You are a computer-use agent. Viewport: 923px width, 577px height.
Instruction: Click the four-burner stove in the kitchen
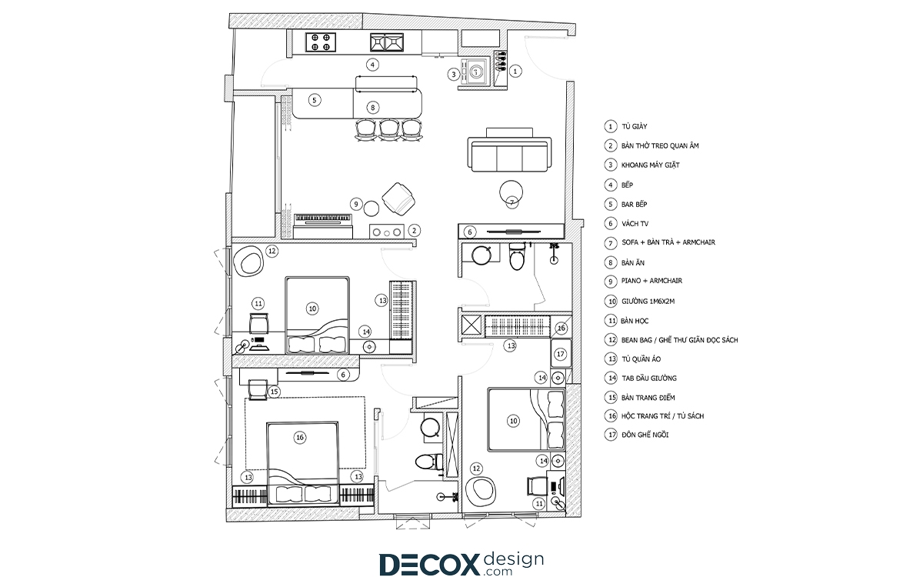(x=321, y=42)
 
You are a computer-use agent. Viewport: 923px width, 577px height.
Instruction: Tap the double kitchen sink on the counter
(x=386, y=42)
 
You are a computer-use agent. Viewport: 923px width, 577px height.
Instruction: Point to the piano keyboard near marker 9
(x=322, y=218)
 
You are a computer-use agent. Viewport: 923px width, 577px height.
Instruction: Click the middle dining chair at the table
(x=388, y=130)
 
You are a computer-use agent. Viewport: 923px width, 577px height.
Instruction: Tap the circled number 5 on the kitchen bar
(x=315, y=100)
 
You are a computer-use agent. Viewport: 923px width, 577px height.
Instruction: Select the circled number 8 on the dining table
(x=372, y=108)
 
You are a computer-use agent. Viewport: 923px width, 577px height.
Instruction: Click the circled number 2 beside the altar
(x=414, y=231)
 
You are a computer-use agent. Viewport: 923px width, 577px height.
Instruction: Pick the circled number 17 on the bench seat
(x=561, y=354)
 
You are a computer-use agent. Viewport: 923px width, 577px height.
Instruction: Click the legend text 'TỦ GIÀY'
(x=634, y=126)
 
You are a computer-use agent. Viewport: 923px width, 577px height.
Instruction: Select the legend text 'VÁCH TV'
(x=635, y=224)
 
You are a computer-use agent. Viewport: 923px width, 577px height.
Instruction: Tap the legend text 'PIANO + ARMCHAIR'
(x=651, y=281)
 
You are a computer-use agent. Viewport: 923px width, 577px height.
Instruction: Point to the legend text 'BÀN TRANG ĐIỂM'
(x=648, y=398)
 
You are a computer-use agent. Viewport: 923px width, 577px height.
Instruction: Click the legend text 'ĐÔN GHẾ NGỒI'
(x=645, y=435)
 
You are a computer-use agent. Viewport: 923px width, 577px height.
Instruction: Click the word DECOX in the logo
(x=429, y=564)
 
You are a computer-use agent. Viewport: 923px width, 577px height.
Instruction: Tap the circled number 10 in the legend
(x=611, y=302)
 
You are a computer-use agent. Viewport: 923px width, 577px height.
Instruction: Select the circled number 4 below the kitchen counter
(x=372, y=65)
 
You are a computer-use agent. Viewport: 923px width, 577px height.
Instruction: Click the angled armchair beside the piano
(x=398, y=199)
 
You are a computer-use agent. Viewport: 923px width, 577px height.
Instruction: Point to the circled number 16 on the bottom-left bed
(x=299, y=438)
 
